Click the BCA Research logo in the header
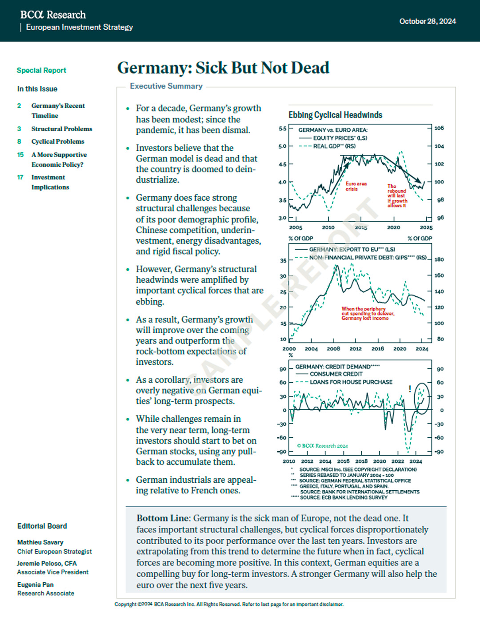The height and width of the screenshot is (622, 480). click(x=53, y=15)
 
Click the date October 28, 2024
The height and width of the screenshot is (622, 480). click(x=427, y=21)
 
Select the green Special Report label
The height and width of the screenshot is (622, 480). click(x=41, y=70)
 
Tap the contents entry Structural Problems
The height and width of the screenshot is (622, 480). click(x=61, y=129)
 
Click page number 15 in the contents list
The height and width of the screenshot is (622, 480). click(x=20, y=155)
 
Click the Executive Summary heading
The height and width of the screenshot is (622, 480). click(x=166, y=86)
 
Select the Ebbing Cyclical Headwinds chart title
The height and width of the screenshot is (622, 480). click(x=335, y=115)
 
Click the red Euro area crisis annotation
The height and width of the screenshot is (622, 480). click(x=356, y=186)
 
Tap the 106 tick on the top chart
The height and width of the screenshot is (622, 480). click(x=439, y=128)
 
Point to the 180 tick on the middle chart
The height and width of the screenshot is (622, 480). click(x=439, y=259)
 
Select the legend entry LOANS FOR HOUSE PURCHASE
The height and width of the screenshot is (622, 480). click(x=351, y=382)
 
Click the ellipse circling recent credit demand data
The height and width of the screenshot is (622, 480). click(x=422, y=398)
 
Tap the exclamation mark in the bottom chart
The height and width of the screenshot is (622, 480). click(x=410, y=389)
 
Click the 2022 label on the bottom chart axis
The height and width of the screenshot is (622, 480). click(x=397, y=461)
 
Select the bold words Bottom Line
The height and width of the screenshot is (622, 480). click(x=163, y=518)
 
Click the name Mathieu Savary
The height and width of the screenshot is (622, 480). click(x=40, y=542)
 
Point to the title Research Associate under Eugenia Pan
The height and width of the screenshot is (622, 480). click(x=46, y=594)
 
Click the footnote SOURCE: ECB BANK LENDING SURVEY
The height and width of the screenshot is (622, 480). click(x=343, y=497)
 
